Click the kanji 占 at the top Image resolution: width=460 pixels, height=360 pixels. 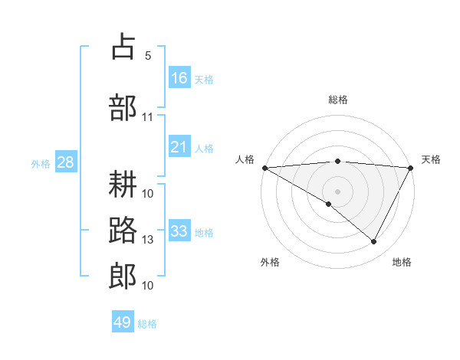pos(123,47)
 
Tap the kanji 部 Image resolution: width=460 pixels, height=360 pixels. pos(123,106)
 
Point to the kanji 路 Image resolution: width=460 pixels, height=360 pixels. pos(123,229)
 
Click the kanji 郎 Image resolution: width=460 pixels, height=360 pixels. pos(123,275)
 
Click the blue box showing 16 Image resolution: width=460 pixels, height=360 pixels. pos(179,78)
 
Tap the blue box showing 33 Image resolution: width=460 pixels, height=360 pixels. pos(179,231)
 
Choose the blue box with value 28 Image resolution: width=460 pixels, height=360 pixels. pos(65,162)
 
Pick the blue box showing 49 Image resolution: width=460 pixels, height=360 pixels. pos(123,322)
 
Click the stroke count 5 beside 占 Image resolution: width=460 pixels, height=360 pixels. pos(148,56)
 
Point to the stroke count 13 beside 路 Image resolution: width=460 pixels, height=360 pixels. pos(148,240)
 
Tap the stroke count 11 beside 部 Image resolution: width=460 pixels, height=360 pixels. pos(148,117)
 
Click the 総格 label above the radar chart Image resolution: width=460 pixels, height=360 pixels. pos(337,100)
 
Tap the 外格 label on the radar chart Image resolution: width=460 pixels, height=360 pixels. pos(270,262)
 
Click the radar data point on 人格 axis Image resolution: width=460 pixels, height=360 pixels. pos(264,168)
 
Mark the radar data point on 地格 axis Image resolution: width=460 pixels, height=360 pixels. pos(374,241)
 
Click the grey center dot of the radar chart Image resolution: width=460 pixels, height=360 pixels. pos(337,191)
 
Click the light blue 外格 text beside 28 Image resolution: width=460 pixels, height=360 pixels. pos(41,163)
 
